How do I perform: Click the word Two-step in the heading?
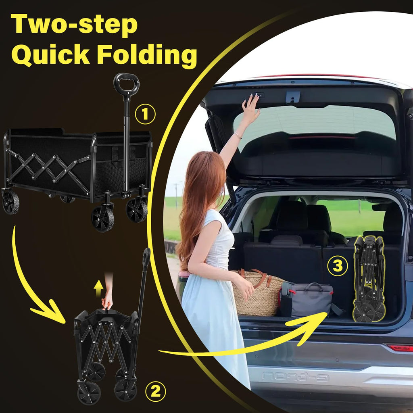74,24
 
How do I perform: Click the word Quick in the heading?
50,55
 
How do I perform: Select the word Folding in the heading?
147,55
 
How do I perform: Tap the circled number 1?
145,114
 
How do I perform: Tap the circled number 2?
155,391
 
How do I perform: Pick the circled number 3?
338,266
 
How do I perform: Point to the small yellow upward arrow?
98,288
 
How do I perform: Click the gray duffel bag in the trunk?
307,300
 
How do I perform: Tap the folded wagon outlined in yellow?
369,279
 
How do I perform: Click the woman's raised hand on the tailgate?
250,108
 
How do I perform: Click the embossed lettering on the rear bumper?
295,377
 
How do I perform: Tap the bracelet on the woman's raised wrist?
238,136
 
